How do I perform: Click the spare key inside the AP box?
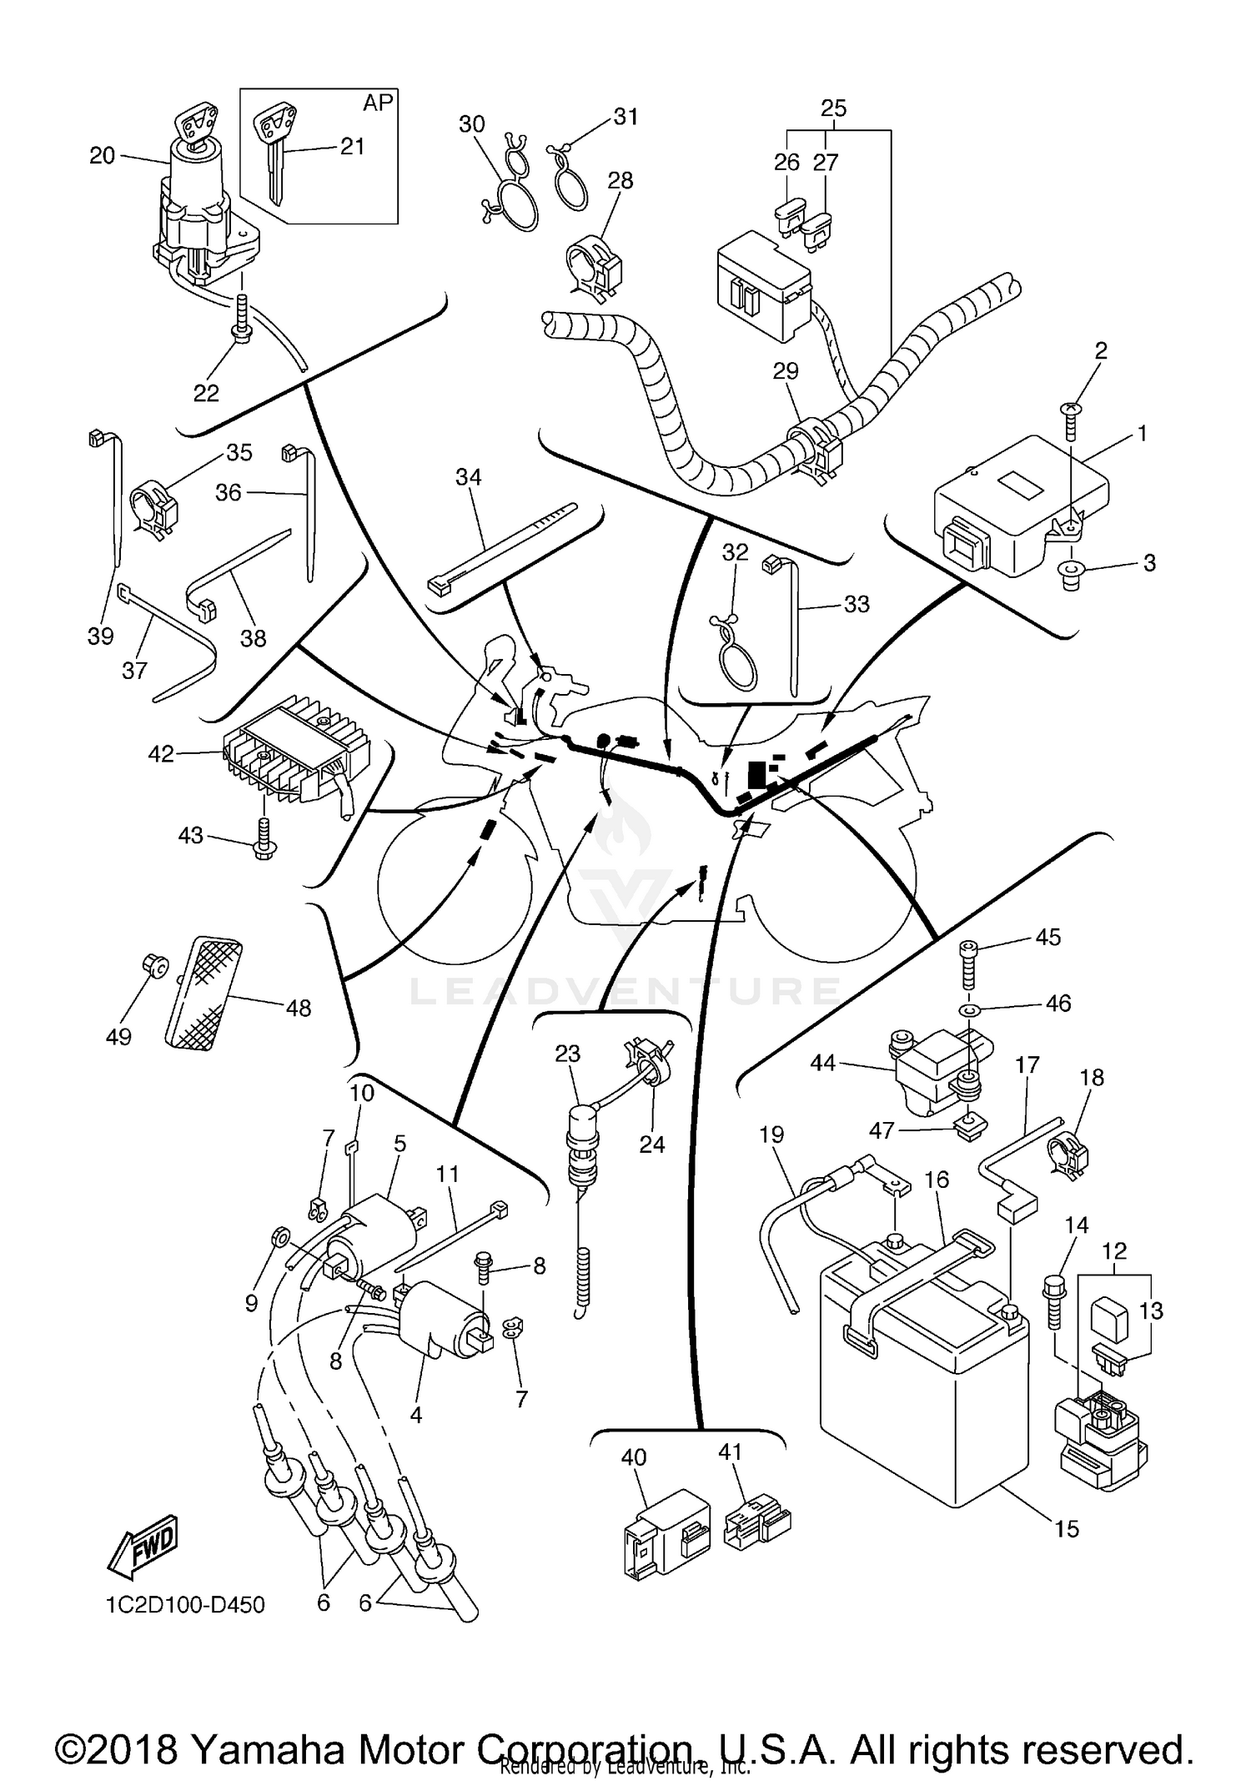pyautogui.click(x=275, y=150)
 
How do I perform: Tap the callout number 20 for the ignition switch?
pyautogui.click(x=102, y=156)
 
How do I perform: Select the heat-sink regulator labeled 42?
pyautogui.click(x=288, y=757)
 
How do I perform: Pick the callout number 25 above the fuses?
pyautogui.click(x=833, y=108)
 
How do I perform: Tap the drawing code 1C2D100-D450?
pyautogui.click(x=185, y=1604)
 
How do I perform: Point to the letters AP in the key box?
pyautogui.click(x=378, y=103)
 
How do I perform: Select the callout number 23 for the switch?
pyautogui.click(x=568, y=1054)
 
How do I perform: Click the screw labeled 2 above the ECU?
pyautogui.click(x=1073, y=421)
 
